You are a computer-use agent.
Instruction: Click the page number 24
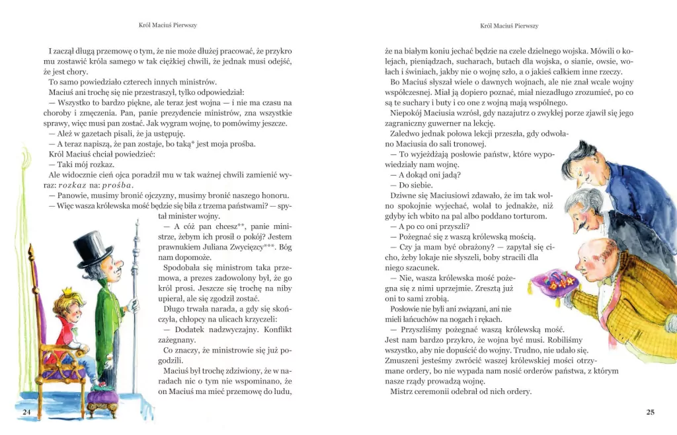click(x=27, y=413)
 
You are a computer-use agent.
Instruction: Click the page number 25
click(x=650, y=413)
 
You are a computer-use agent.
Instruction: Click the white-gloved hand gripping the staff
click(x=134, y=305)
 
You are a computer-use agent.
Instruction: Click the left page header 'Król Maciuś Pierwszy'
click(x=168, y=26)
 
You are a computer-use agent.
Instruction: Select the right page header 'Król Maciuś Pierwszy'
click(x=509, y=26)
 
